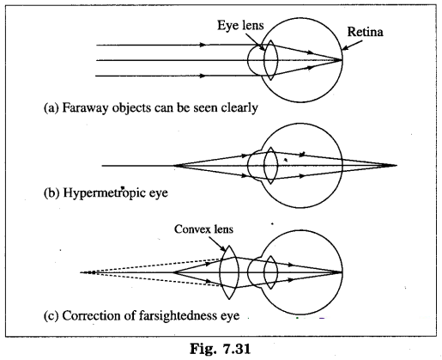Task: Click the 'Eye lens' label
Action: coord(240,25)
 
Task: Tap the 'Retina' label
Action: coord(365,32)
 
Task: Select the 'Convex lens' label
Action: coord(203,229)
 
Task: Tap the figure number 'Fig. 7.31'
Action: coord(220,349)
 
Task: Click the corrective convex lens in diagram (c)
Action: coord(229,272)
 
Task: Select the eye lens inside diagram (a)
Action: coord(270,60)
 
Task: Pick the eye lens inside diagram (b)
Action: coord(270,166)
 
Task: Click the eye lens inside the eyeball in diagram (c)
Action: coord(270,272)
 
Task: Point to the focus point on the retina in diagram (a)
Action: coord(342,60)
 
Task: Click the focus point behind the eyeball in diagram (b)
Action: coord(397,165)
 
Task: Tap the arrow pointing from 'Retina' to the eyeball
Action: coord(352,46)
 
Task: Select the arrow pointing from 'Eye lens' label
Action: coord(256,41)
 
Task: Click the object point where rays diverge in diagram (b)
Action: coord(174,166)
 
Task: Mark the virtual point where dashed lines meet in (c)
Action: coord(92,272)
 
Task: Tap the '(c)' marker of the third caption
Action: coord(51,316)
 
